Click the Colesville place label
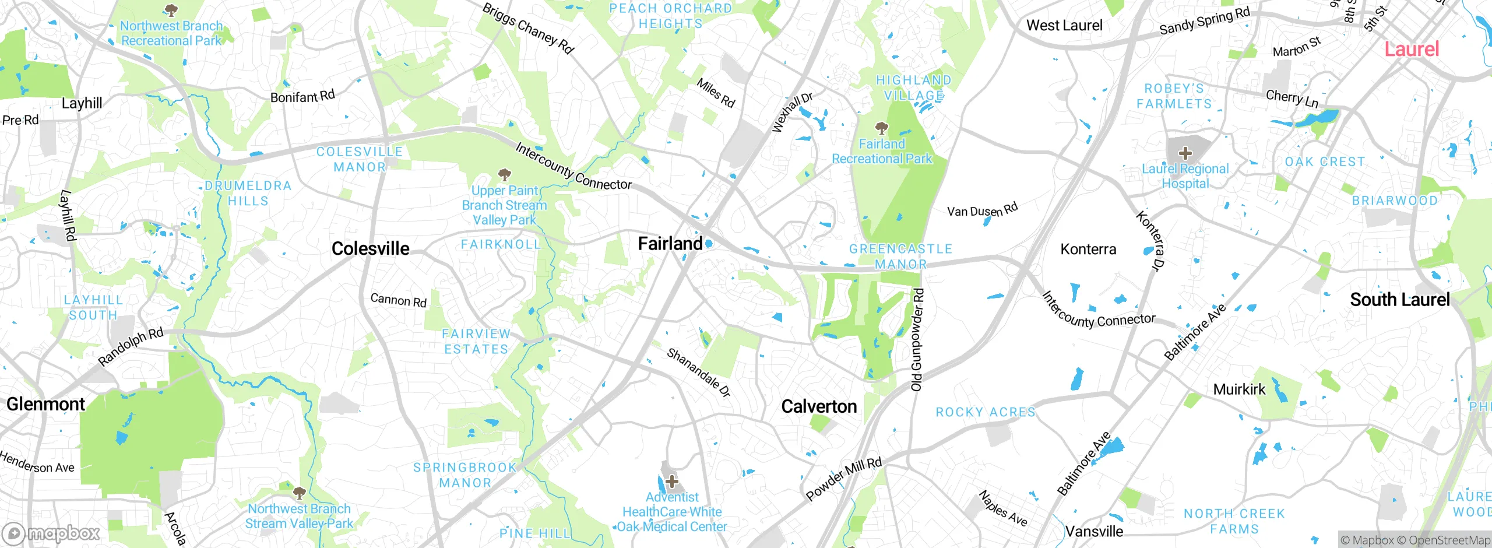coord(370,249)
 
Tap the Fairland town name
coord(670,244)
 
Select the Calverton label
coord(819,406)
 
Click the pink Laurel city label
coord(1412,49)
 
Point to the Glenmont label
coord(45,404)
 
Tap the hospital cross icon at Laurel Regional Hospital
coord(1185,154)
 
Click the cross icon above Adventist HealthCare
coord(672,482)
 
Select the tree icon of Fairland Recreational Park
coord(882,128)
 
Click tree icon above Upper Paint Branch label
coord(505,174)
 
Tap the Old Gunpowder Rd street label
coord(917,340)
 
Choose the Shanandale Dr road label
coord(698,373)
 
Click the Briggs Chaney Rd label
coord(528,28)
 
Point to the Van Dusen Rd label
coord(982,210)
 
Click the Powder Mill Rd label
coord(843,479)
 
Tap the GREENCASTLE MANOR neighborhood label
coord(900,257)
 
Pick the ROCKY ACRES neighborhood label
coord(986,412)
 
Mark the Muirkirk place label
coord(1239,389)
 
